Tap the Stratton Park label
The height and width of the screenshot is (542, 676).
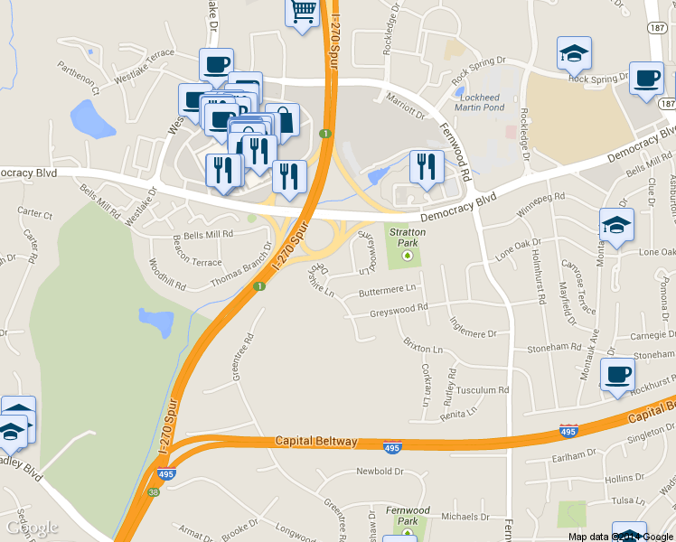(x=407, y=237)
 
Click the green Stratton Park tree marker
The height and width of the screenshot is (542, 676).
(x=407, y=256)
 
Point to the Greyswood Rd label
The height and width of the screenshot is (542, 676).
(x=399, y=313)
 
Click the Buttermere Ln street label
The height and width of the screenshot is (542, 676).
(x=386, y=291)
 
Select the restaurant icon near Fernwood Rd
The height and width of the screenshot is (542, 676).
(x=426, y=166)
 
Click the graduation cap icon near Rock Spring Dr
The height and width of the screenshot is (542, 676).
(x=573, y=53)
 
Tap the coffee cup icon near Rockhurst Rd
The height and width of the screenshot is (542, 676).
(x=617, y=374)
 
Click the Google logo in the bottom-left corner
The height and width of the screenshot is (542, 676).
(x=31, y=528)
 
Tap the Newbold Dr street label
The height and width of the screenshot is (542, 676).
(x=379, y=472)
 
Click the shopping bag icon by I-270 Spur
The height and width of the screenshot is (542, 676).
(x=283, y=119)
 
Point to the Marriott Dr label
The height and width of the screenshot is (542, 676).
(x=405, y=109)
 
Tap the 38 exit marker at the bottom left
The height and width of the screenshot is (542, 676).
(x=154, y=491)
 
